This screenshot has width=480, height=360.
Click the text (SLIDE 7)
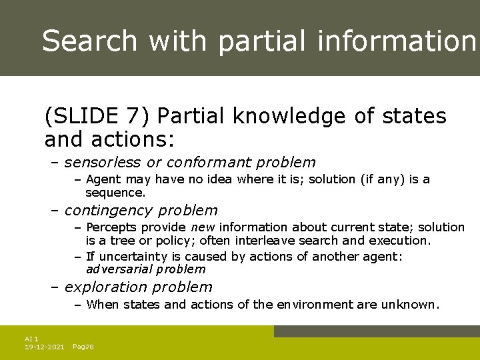(x=99, y=117)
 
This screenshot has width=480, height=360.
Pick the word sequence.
(x=115, y=193)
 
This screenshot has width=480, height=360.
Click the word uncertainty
(x=131, y=257)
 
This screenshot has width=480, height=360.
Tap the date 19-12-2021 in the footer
(x=44, y=347)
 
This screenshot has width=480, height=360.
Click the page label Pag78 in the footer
(x=83, y=347)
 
